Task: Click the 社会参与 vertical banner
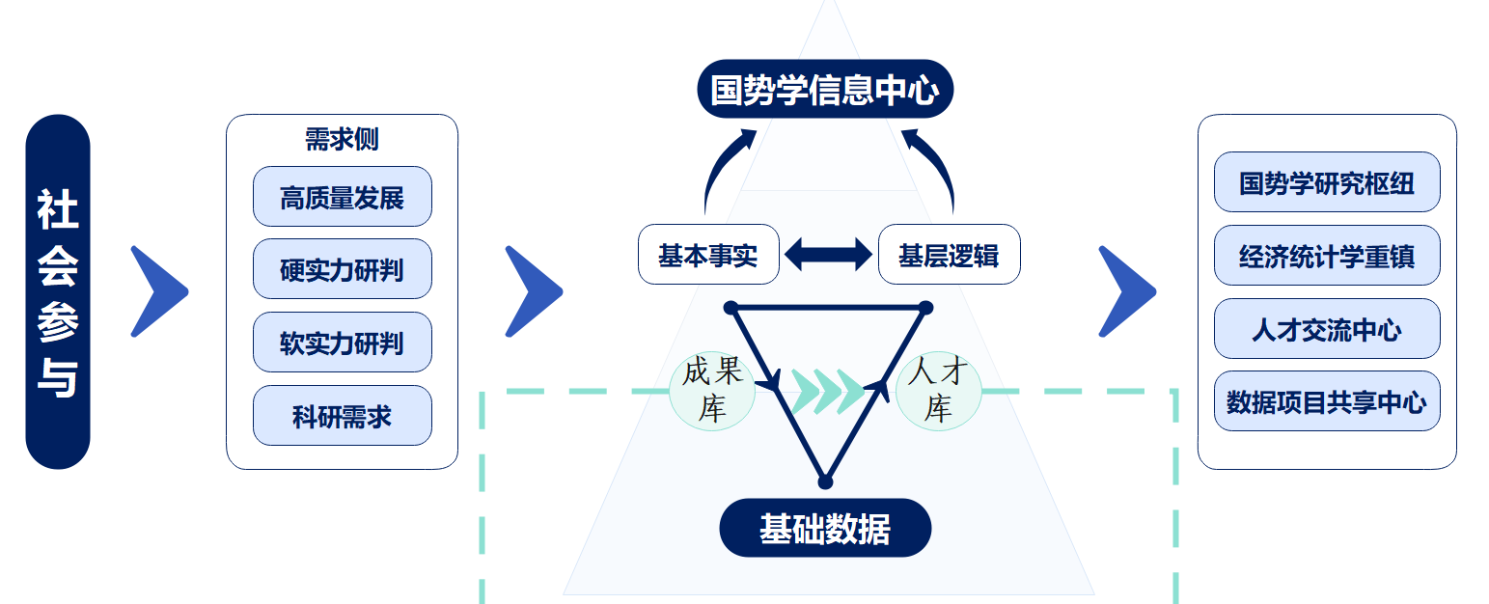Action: [x=58, y=291]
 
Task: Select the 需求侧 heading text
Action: [x=342, y=140]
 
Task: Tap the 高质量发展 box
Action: [x=342, y=198]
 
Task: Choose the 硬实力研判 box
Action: [x=342, y=270]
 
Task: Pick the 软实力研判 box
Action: [x=342, y=343]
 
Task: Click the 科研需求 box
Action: [x=342, y=416]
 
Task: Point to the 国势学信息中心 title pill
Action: [x=824, y=90]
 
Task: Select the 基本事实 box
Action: [x=708, y=256]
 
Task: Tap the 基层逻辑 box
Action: [x=949, y=256]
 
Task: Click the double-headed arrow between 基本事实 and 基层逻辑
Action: [x=828, y=256]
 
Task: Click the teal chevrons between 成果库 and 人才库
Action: [x=826, y=390]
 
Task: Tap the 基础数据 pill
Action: [x=825, y=528]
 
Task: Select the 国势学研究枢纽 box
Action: [x=1326, y=182]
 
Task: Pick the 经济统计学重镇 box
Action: [x=1326, y=256]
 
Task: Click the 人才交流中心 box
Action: [x=1326, y=329]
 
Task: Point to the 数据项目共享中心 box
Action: [x=1326, y=401]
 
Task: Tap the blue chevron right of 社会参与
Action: [x=157, y=291]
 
